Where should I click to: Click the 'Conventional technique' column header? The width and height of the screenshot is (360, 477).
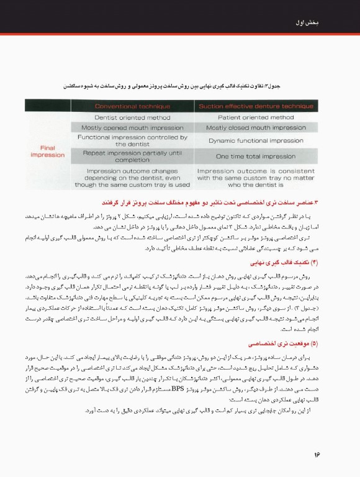[132, 106]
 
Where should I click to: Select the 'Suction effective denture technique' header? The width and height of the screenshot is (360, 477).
[256, 106]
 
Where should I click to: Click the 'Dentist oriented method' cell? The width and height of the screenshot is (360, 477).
[132, 117]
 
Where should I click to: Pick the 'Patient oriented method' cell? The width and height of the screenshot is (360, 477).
[256, 117]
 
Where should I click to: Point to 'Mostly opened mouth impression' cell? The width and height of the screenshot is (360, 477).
[132, 127]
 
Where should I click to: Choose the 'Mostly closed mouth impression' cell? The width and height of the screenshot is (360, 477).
[256, 127]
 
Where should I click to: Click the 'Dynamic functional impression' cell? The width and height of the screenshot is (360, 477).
[256, 141]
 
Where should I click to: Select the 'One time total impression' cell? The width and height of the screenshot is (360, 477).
[256, 156]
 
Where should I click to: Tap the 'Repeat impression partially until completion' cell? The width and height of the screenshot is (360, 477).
[132, 156]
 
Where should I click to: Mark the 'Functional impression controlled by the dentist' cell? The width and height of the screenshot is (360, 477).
[132, 141]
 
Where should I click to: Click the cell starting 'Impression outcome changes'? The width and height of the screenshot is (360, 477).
[132, 177]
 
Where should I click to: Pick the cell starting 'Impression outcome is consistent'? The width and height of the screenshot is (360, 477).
[256, 177]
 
